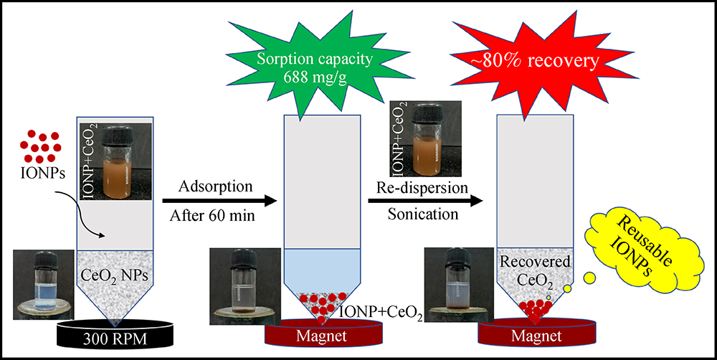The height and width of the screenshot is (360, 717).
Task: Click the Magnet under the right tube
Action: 533,336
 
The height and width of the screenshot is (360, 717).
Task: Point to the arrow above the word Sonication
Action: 424,202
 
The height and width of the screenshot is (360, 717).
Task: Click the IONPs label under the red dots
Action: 37,172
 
